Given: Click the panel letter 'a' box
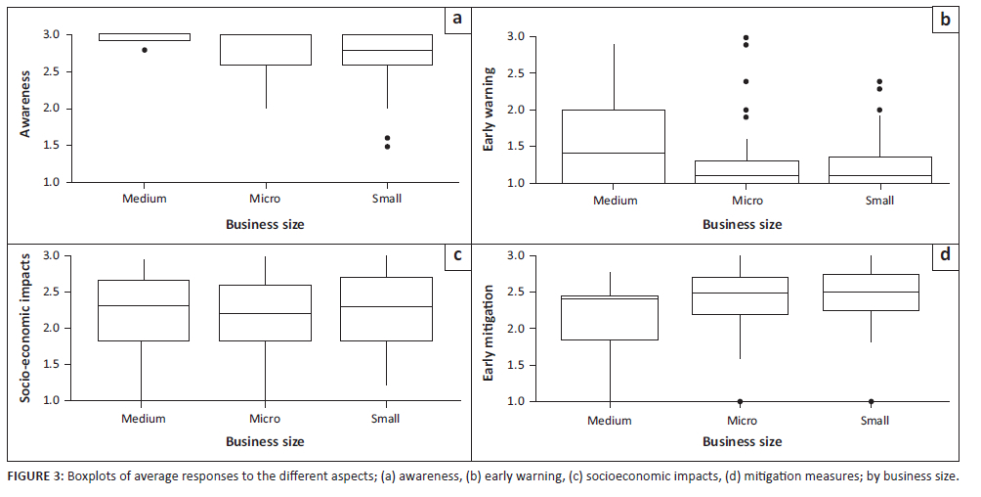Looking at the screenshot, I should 455,20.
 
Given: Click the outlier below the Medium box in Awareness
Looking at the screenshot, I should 145,49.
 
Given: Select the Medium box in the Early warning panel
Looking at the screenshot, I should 614,146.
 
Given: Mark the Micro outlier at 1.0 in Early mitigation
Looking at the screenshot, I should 740,401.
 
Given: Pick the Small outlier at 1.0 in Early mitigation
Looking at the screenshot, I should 871,401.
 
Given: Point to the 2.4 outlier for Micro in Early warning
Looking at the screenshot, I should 746,81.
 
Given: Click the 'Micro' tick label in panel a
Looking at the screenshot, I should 265,199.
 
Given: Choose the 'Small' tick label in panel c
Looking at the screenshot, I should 386,419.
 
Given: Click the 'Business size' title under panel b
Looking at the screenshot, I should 742,224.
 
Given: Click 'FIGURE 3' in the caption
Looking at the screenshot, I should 34,477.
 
